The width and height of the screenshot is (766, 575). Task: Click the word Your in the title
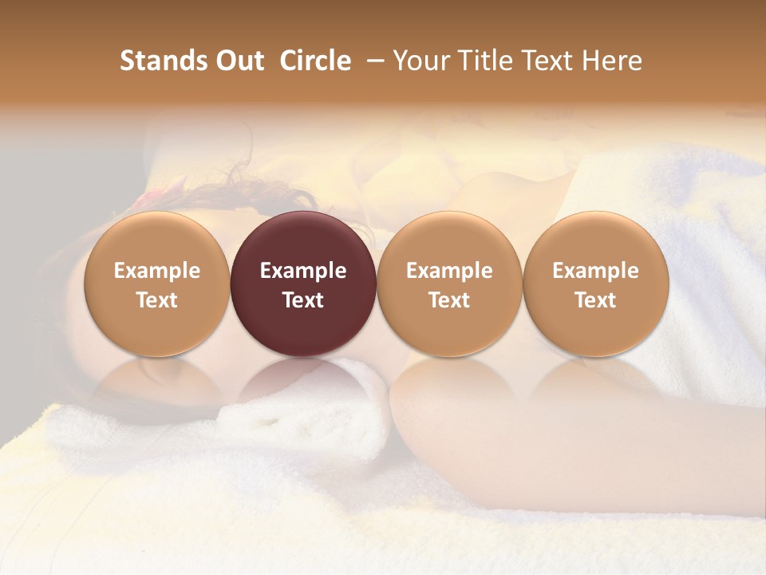pyautogui.click(x=419, y=61)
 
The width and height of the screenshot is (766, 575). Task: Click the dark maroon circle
pyautogui.click(x=303, y=284)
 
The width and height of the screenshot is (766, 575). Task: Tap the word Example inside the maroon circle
pyautogui.click(x=303, y=271)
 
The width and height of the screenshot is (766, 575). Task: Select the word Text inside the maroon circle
pyautogui.click(x=303, y=300)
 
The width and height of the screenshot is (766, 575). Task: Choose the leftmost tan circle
pyautogui.click(x=157, y=284)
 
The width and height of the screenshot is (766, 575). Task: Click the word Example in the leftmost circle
pyautogui.click(x=157, y=271)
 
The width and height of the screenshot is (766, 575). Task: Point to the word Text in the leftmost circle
pyautogui.click(x=157, y=300)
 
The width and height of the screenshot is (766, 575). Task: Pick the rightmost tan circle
pyautogui.click(x=595, y=284)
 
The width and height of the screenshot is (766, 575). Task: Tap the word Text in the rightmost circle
pyautogui.click(x=595, y=300)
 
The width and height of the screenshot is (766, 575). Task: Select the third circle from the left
pyautogui.click(x=449, y=284)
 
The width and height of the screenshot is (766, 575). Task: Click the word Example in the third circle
pyautogui.click(x=449, y=271)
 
